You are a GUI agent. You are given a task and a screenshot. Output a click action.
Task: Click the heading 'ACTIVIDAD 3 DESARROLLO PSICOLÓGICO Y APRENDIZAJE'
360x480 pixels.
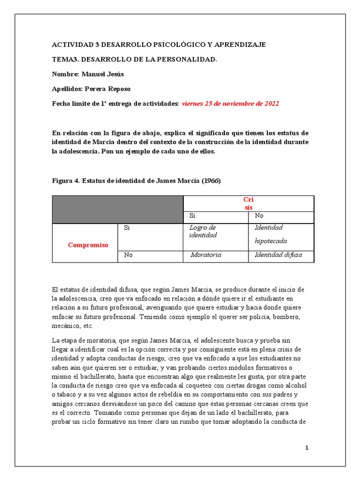coord(158,45)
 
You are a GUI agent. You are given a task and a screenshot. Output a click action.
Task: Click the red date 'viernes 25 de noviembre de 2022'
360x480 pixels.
coord(230,104)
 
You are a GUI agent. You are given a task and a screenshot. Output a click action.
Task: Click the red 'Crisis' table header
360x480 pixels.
coord(248,203)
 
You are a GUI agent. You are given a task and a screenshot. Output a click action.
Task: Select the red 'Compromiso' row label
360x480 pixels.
coord(88,245)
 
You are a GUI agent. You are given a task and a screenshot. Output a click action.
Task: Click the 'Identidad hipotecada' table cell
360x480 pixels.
coord(270,234)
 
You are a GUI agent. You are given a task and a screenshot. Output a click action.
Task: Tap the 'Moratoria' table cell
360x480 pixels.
coord(206,255)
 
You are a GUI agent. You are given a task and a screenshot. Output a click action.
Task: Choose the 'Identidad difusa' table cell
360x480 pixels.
coord(278,255)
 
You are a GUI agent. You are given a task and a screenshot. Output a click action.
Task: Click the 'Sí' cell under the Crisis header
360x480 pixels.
coord(192,216)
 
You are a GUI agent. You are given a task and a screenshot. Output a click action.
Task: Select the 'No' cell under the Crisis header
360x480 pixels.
coord(259,216)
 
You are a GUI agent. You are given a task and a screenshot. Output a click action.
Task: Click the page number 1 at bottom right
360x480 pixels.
coord(307,448)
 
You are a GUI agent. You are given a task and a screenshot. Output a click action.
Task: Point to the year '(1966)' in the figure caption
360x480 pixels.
coord(211,180)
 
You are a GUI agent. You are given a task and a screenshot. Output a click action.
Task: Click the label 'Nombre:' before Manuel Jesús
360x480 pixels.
coord(65,74)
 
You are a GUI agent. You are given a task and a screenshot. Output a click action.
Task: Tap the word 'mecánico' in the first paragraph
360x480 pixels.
coord(65,326)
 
